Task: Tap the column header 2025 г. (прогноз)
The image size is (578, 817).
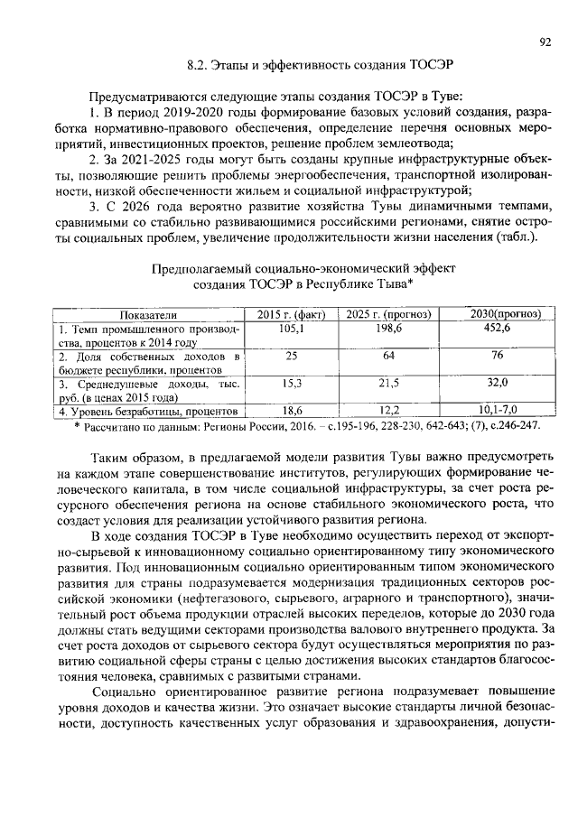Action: [x=387, y=314]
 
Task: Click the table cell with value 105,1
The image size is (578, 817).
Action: [x=291, y=329]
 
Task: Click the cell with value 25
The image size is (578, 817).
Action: [x=291, y=357]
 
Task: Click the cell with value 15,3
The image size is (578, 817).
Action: [x=291, y=384]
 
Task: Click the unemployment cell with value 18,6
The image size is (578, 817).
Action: [x=291, y=411]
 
